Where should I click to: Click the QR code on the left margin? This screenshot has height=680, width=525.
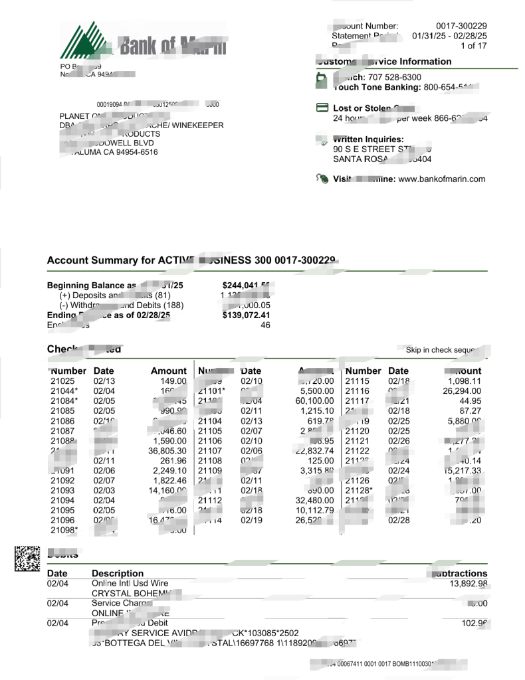coord(27,558)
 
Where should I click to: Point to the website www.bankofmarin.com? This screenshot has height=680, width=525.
coord(442,179)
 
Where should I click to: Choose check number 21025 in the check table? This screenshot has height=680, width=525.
coord(64,381)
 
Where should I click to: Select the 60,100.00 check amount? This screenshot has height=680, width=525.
coord(310,400)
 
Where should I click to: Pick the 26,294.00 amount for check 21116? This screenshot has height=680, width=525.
coord(463,391)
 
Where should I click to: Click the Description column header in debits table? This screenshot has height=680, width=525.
coord(118,573)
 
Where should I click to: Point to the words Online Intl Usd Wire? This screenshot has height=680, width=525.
coord(130,583)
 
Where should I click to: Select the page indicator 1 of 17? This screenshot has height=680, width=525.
coord(474,46)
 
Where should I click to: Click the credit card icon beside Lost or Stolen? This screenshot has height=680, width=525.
coord(322,108)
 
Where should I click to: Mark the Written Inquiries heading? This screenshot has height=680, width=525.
coord(368,139)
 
